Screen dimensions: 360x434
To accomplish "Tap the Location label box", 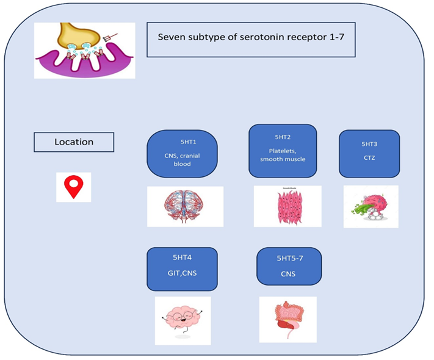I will click(x=74, y=142).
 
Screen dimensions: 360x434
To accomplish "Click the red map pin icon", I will click(x=74, y=186).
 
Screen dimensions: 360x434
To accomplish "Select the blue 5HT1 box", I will click(x=182, y=153).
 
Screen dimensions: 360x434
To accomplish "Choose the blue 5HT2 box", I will click(x=282, y=150).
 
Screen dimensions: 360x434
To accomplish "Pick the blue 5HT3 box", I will click(x=369, y=153).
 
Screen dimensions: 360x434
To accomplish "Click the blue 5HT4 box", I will click(x=182, y=268).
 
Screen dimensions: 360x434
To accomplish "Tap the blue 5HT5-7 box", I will click(x=288, y=266).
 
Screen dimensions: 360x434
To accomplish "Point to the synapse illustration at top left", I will click(x=85, y=50).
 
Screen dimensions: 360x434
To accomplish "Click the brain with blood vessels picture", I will click(x=185, y=206).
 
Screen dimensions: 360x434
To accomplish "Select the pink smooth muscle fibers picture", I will click(x=287, y=206).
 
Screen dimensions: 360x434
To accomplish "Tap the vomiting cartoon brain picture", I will click(x=371, y=206).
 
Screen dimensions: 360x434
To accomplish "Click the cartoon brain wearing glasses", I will click(x=183, y=320).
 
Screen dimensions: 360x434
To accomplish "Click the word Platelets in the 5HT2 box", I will click(x=282, y=151).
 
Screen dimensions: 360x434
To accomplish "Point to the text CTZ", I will click(x=369, y=158).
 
